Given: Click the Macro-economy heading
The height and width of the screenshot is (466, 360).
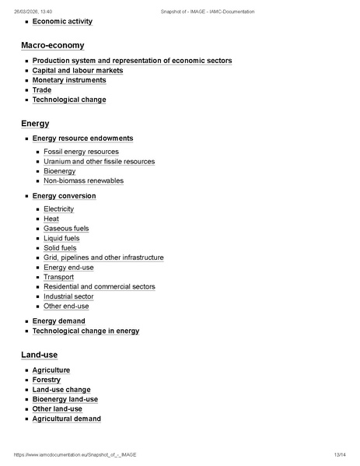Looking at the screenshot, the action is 53,45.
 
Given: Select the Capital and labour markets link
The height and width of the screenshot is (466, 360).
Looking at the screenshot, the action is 78,70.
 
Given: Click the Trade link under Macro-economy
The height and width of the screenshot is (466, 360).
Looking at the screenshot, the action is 42,90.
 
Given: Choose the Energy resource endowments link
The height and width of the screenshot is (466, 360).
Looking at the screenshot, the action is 82,138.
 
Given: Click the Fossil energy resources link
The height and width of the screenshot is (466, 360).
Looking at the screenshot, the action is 81,152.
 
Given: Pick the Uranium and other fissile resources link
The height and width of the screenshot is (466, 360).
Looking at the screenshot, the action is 99,162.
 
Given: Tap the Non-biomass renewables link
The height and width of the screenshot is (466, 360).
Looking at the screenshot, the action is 83,180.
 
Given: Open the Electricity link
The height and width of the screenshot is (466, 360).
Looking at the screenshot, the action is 58,209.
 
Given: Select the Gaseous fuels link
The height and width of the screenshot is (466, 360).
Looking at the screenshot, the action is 66,229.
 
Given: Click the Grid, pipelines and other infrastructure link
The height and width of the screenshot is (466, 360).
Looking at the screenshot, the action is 103,258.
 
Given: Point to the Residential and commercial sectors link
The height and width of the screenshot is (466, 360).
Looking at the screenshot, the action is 100,286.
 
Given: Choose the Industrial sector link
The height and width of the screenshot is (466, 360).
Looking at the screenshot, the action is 68,296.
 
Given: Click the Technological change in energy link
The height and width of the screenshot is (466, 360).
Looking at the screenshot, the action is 86,331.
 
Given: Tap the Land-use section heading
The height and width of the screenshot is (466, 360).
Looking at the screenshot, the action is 39,355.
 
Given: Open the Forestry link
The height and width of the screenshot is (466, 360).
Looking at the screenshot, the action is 47,380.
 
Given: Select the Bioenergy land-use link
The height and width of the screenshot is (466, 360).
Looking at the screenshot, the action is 65,399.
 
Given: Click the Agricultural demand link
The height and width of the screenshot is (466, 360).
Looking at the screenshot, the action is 66,419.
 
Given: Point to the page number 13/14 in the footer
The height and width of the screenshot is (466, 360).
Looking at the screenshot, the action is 339,454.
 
